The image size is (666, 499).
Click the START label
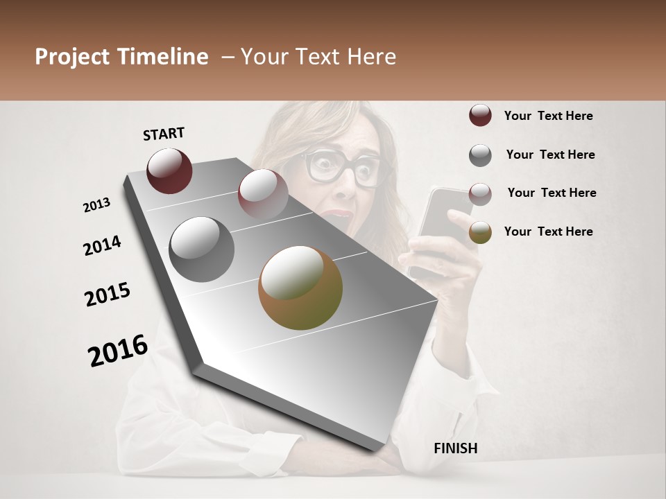164,134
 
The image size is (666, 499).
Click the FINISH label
456,448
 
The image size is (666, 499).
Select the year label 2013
96,205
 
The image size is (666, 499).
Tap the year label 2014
102,245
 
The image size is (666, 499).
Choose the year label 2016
118,351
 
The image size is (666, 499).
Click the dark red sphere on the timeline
169,170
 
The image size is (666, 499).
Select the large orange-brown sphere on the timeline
300,288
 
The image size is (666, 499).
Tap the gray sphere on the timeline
202,249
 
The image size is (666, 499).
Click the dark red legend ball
480,116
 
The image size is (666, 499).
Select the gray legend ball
480,155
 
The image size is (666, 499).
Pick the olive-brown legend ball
480,232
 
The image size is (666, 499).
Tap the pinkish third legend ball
480,193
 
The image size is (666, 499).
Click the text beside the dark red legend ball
549,116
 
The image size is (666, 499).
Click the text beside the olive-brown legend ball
549,231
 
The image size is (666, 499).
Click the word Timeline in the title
160,57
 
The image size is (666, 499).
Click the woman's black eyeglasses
343,168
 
